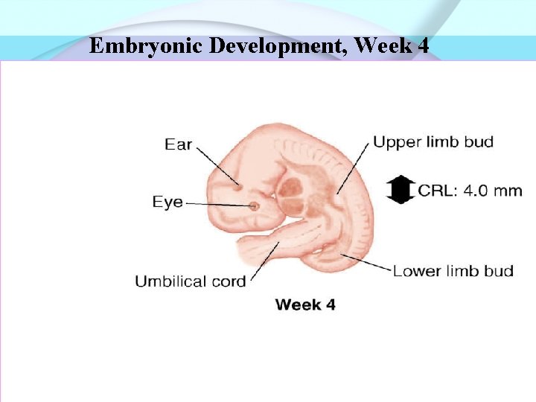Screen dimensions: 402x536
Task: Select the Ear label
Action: point(179,144)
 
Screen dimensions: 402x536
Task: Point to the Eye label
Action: point(167,202)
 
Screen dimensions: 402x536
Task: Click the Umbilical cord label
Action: point(190,281)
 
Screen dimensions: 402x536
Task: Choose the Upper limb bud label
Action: point(433,141)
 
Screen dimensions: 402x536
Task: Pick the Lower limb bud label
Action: point(453,270)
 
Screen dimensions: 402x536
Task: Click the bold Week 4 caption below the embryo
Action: point(305,304)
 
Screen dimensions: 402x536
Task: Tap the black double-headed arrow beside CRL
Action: point(401,190)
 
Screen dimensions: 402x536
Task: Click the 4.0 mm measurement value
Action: point(493,191)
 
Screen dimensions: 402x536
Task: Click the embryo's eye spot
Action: point(254,205)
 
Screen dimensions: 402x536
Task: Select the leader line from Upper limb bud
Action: point(354,167)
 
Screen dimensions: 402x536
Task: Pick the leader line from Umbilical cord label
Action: point(262,261)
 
